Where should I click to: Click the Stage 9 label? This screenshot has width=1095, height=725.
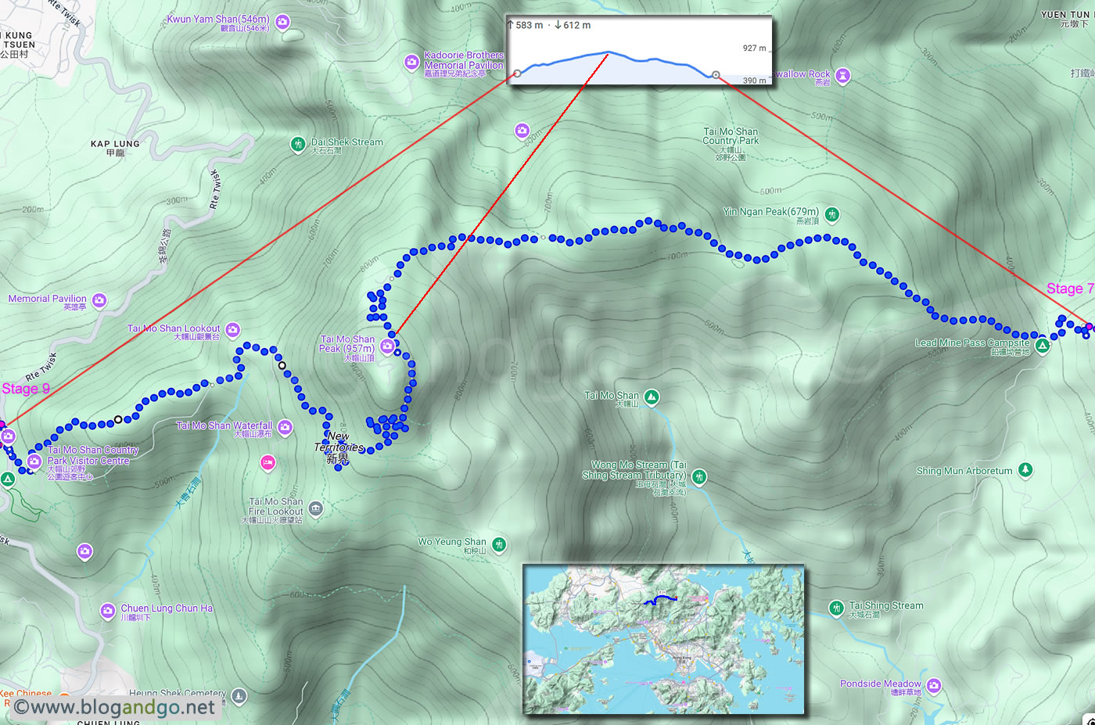click(26, 389)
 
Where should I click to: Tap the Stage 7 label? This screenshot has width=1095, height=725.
click(1069, 289)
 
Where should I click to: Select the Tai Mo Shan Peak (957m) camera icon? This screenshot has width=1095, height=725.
click(387, 346)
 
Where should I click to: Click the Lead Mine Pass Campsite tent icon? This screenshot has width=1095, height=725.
click(1042, 346)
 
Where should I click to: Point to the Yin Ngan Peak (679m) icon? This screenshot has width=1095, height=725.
click(832, 214)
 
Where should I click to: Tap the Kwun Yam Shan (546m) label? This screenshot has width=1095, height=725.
click(218, 20)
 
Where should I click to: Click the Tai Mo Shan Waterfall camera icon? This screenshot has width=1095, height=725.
click(285, 427)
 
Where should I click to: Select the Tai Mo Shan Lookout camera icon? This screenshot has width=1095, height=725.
click(232, 330)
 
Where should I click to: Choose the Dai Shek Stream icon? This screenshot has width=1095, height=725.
click(297, 144)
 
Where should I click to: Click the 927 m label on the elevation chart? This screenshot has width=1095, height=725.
click(754, 48)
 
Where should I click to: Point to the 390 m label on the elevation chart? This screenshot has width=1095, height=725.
click(754, 81)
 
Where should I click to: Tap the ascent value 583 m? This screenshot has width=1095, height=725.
click(529, 25)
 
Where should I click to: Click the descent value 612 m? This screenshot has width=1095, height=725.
click(576, 25)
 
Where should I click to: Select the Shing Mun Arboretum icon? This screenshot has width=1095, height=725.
click(1025, 470)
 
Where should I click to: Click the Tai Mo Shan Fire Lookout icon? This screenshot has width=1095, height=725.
click(315, 509)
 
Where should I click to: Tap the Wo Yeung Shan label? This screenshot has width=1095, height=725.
click(452, 542)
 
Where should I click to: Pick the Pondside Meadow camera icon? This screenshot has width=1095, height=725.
click(933, 686)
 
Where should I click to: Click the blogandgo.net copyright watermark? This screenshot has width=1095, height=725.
click(114, 708)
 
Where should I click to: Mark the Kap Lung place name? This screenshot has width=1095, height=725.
click(115, 145)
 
